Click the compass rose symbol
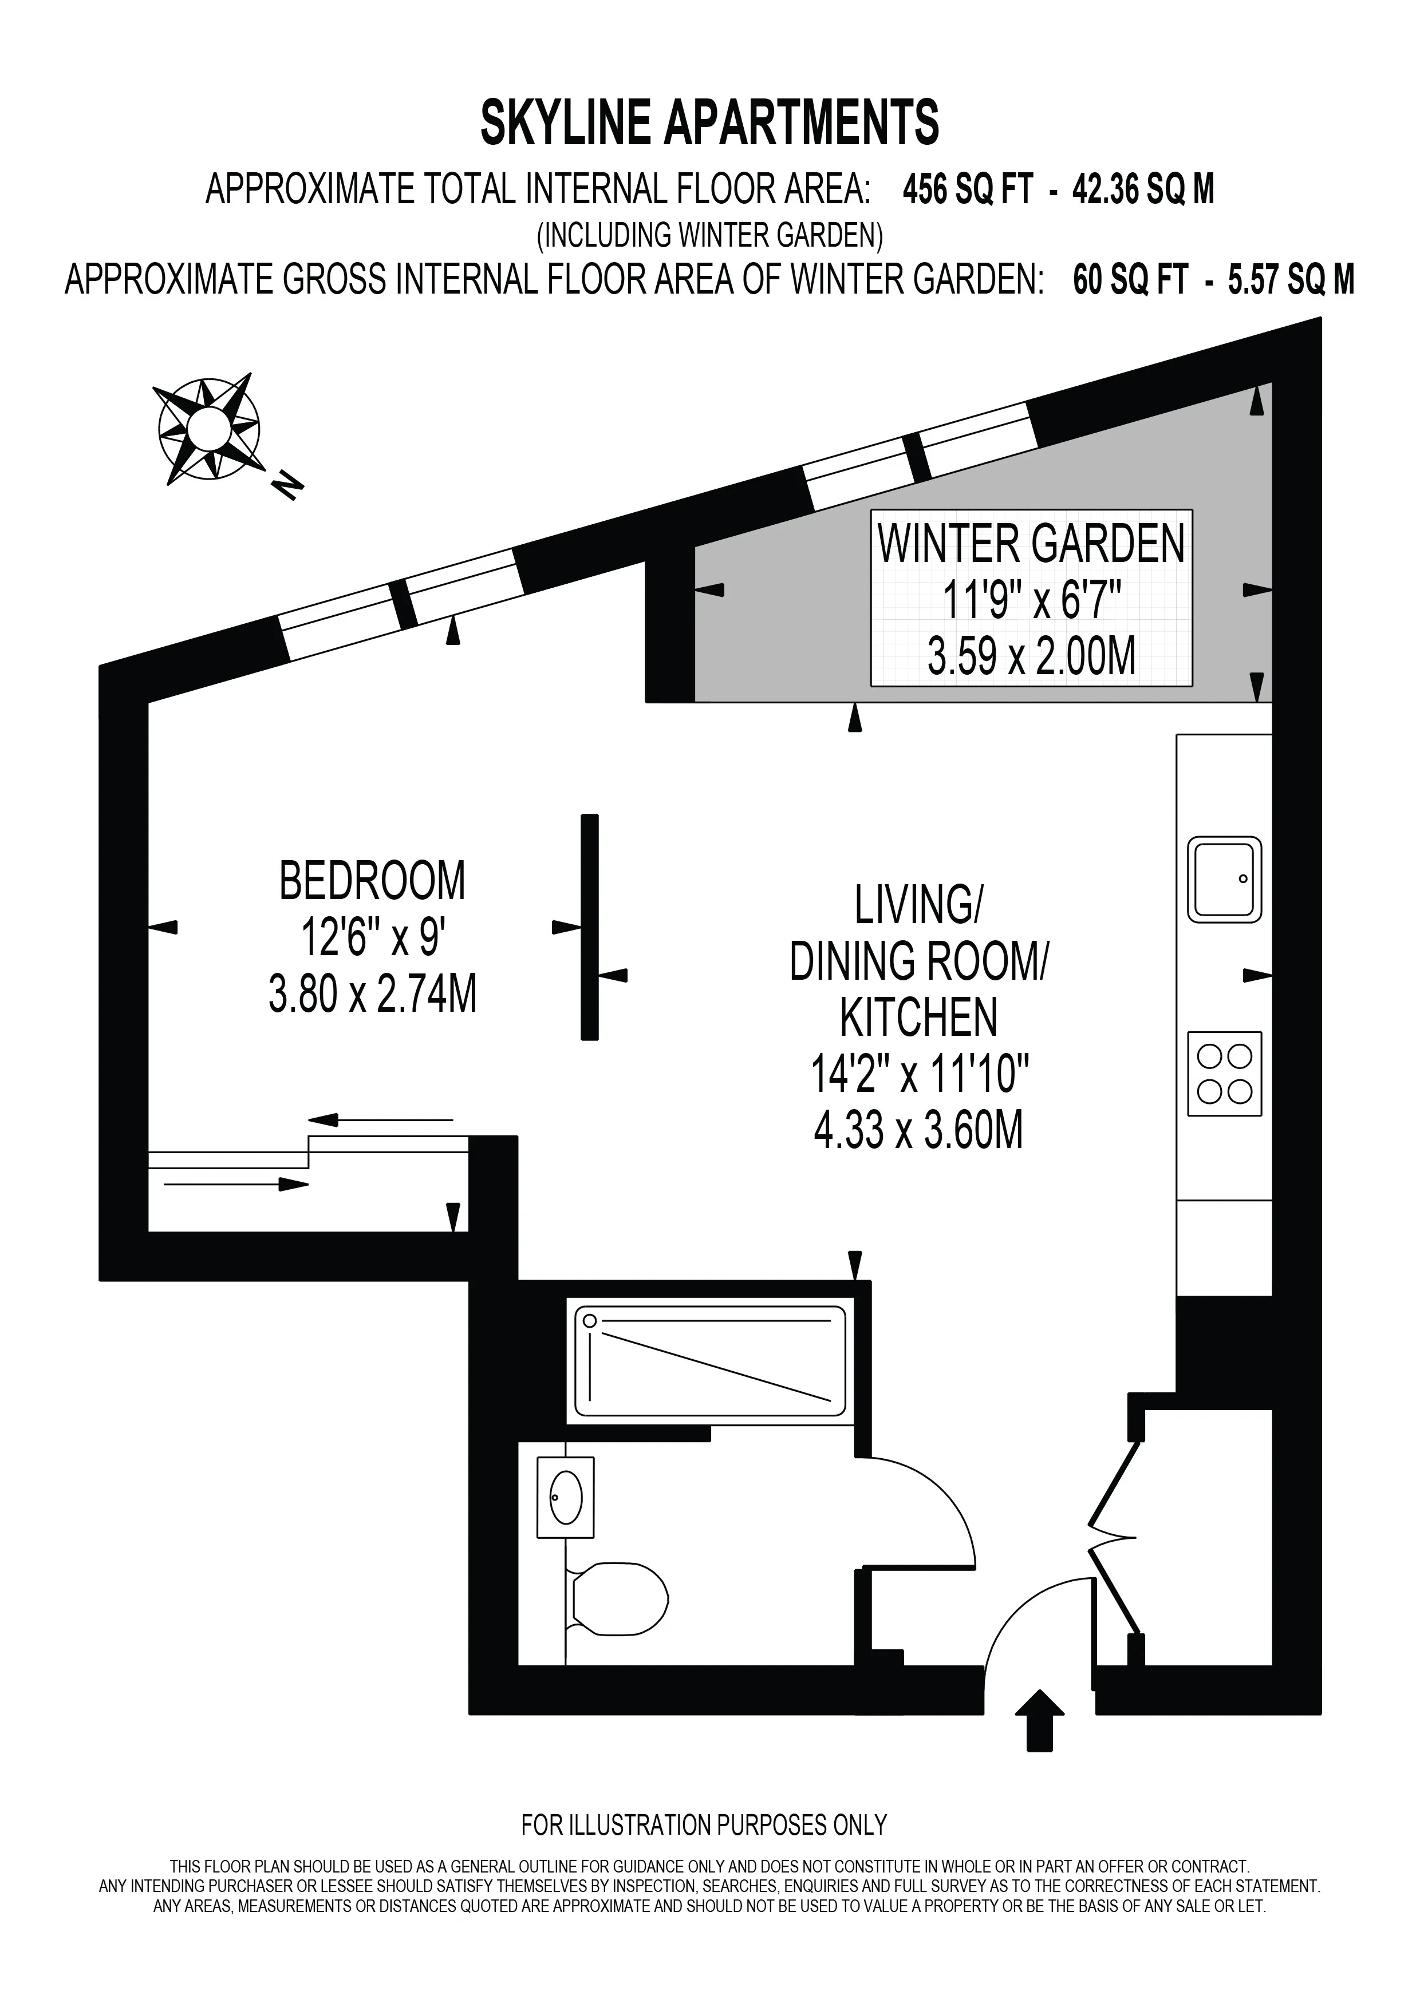click(208, 428)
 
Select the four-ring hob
click(1224, 1074)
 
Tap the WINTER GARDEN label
click(1031, 544)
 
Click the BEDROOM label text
click(373, 881)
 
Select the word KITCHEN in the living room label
click(919, 1018)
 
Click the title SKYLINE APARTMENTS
click(710, 122)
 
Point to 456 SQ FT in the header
click(968, 189)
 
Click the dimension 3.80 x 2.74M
click(373, 995)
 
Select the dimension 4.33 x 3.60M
click(918, 1130)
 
